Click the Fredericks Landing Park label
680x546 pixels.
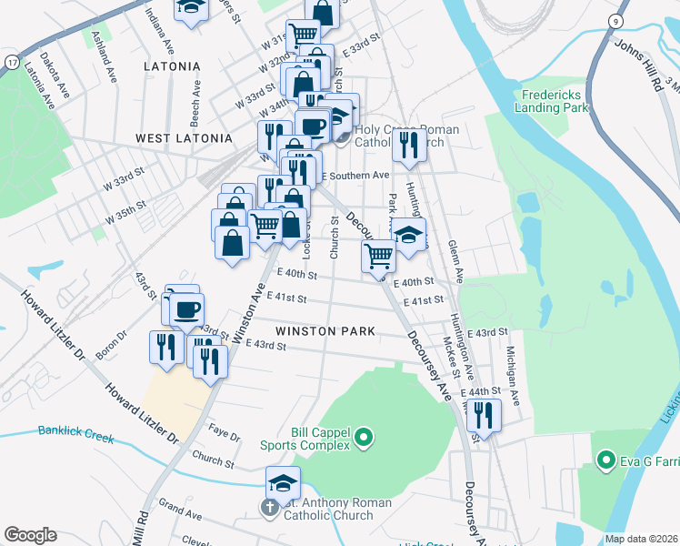click(x=555, y=101)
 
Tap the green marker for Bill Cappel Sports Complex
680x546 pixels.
click(x=364, y=439)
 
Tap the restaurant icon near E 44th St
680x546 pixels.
click(x=485, y=415)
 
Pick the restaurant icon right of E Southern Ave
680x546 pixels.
click(x=409, y=144)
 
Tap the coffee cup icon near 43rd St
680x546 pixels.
click(x=186, y=309)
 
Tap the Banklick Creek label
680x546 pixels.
click(x=76, y=435)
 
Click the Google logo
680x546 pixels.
click(x=30, y=535)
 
